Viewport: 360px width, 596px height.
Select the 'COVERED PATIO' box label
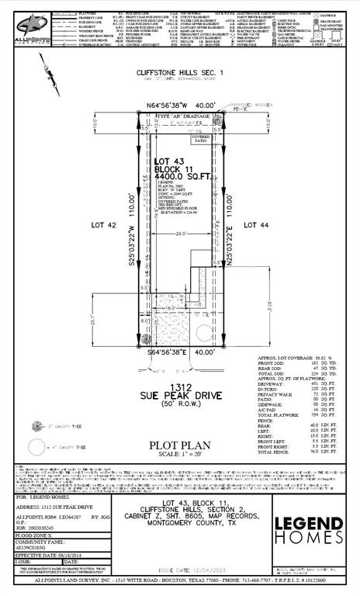coord(202,138)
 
